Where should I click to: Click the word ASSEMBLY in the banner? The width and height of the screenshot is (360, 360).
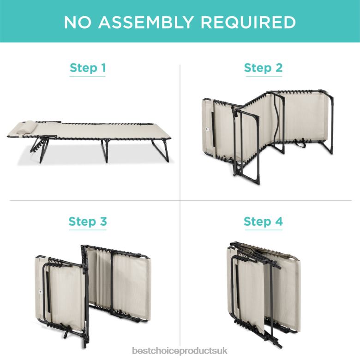(146, 22)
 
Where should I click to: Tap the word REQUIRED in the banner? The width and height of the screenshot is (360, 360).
(248, 22)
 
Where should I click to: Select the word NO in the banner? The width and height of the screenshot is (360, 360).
(78, 22)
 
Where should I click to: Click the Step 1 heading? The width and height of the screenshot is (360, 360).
(88, 68)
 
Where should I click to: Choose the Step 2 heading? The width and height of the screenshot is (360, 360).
(264, 68)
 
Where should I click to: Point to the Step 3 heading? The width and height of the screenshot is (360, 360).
(88, 222)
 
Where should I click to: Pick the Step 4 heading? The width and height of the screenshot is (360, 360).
(264, 222)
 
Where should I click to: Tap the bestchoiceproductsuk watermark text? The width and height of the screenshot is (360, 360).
(180, 351)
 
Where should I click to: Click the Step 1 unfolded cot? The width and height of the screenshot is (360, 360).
(90, 140)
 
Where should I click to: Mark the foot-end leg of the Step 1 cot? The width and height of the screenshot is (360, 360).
(161, 150)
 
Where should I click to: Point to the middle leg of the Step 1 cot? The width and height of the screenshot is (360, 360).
(105, 150)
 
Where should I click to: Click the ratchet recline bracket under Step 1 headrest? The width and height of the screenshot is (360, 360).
(37, 147)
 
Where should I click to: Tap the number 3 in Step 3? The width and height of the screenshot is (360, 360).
(103, 221)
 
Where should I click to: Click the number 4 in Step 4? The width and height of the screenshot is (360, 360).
(279, 221)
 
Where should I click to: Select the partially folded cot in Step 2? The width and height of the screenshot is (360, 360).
(268, 135)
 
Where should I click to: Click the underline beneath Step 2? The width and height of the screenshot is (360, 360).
(264, 76)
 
